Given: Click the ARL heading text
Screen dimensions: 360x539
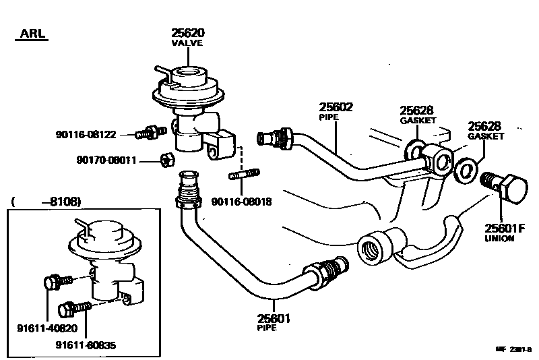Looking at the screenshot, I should coord(32,34).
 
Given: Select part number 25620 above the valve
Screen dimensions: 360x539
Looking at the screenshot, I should coord(187,32).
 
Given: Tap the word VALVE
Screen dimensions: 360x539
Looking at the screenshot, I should coord(187,42).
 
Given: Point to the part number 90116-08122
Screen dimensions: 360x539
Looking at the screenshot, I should coord(86,135).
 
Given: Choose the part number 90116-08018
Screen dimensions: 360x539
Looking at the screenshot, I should coord(241,201).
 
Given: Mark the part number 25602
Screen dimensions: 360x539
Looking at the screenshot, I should coord(336,107).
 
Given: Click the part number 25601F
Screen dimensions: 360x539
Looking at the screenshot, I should coord(505,229).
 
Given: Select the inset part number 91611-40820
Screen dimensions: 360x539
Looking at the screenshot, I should coord(46,328).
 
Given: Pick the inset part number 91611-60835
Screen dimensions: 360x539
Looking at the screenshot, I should coord(86,344).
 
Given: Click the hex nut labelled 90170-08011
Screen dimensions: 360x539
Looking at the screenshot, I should coord(168,160).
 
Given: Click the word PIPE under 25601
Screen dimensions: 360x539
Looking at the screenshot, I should coord(267,328).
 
